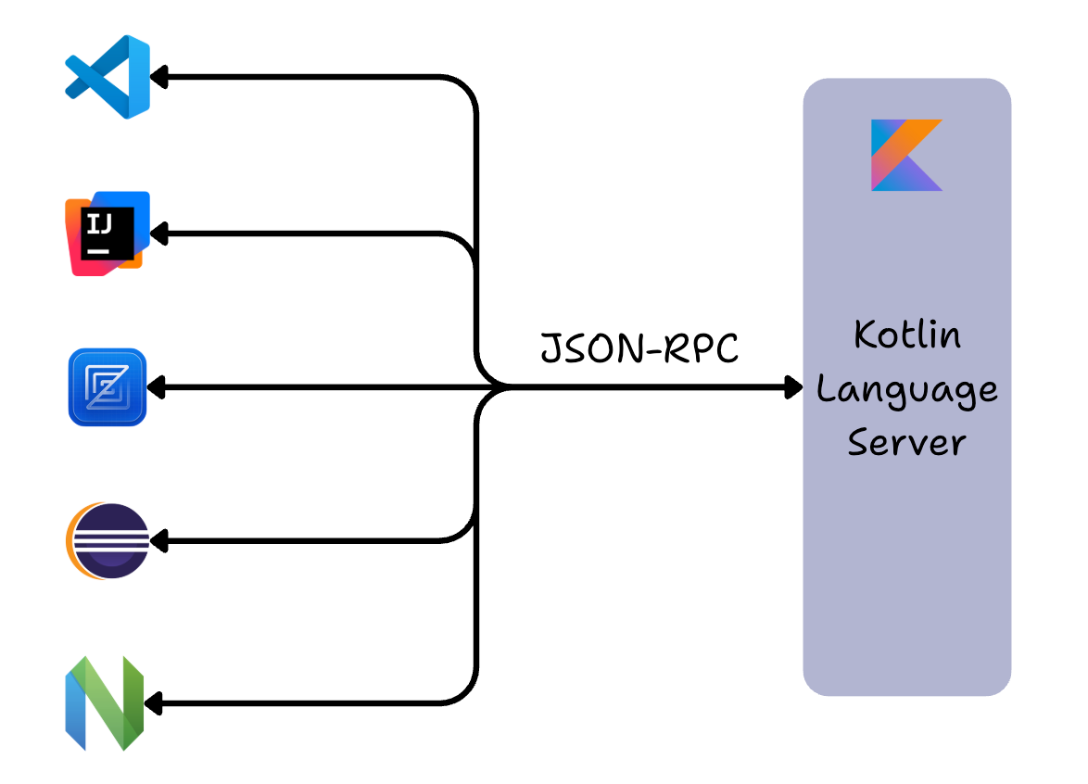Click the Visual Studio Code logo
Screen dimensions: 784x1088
108,76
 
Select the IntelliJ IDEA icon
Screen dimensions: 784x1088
108,234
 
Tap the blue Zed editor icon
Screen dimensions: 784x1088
108,387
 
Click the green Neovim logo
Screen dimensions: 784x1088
105,703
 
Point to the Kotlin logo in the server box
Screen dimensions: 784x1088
905,155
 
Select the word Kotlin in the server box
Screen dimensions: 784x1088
906,335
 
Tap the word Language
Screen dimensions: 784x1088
906,390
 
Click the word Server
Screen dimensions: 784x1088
906,442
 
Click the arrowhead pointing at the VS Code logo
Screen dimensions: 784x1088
158,77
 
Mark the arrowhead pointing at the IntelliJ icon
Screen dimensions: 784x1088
158,234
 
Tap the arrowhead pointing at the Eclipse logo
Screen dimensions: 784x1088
158,539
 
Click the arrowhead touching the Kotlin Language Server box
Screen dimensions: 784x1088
793,387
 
